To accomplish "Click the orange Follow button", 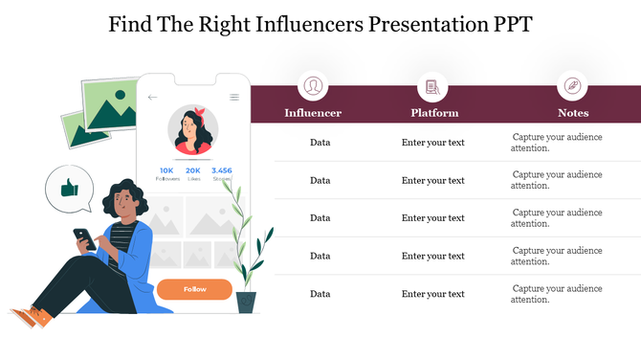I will tap(194, 289).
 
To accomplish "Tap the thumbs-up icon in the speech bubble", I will tap(70, 190).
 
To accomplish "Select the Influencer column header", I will tap(313, 113).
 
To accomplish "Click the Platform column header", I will tap(434, 113).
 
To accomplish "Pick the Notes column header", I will tap(573, 113).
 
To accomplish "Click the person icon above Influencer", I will tap(313, 86).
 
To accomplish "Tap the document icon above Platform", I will tap(432, 86).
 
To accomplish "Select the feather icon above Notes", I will tap(572, 86).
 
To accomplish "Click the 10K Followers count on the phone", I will tap(166, 173).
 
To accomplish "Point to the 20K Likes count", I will tap(193, 173).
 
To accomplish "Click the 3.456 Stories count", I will tap(222, 173).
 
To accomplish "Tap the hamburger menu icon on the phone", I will tap(234, 98).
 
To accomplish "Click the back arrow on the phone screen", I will tap(153, 98).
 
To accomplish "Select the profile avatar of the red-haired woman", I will tap(194, 130).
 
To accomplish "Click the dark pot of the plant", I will tap(246, 304).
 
